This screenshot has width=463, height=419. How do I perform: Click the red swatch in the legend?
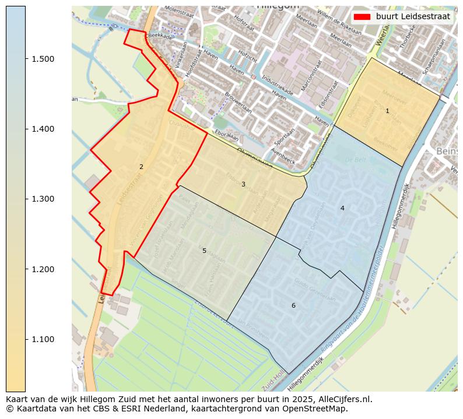(362, 16)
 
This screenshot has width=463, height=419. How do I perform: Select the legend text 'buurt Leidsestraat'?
(413, 16)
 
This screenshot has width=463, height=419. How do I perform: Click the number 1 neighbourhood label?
(387, 111)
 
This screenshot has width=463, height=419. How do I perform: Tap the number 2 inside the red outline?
(141, 167)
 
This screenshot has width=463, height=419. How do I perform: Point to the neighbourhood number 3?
(243, 185)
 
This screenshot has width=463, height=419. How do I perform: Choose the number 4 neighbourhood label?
(342, 208)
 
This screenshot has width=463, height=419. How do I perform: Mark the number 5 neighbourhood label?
(204, 251)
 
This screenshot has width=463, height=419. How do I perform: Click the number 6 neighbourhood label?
(293, 305)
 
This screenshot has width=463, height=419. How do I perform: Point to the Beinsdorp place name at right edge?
(447, 152)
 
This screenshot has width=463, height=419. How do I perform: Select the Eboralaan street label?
(227, 135)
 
